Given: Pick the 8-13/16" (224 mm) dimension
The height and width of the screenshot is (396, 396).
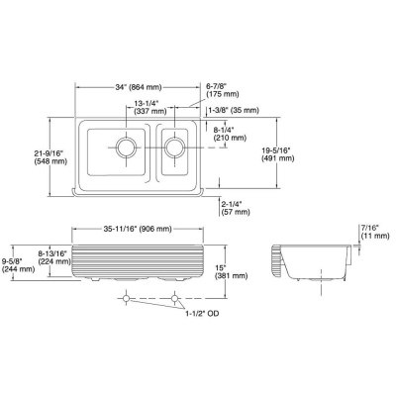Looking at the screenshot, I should pos(49,259).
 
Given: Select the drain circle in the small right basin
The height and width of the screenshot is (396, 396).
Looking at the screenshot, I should pos(174,148).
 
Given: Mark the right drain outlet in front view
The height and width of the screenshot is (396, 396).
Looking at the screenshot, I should pos(174,297).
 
